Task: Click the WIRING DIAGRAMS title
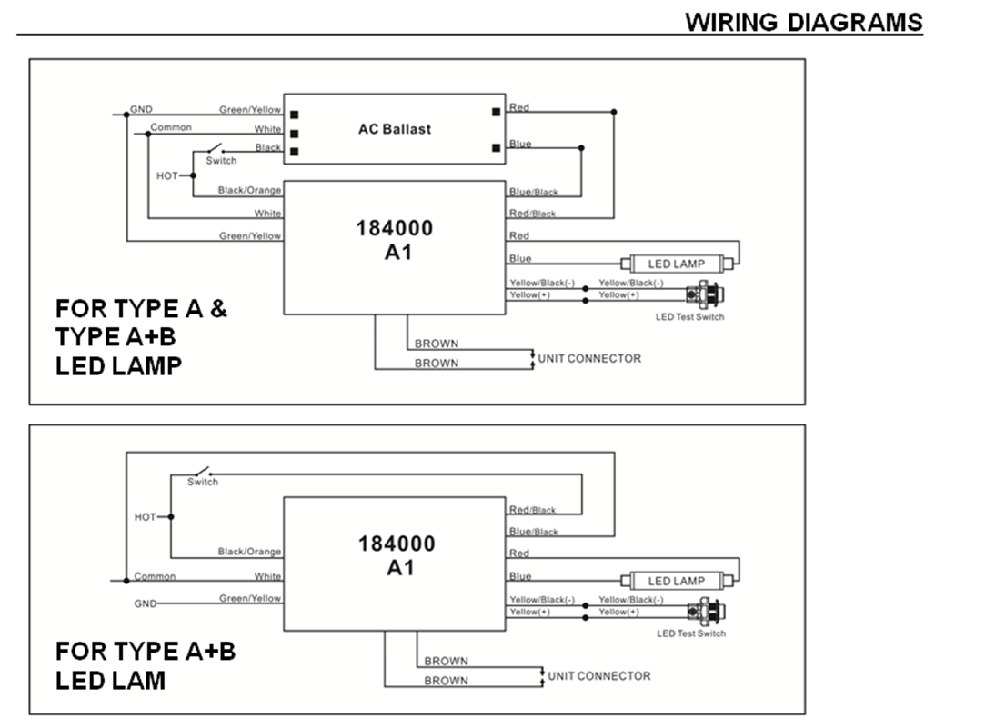803,22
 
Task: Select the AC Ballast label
395,129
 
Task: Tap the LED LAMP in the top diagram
677,264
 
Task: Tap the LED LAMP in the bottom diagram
677,581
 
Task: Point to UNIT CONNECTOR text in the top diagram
589,358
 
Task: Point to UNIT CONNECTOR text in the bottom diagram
599,676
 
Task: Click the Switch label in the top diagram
221,161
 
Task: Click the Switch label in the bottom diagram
203,482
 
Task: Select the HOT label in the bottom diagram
146,517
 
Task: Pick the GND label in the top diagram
141,109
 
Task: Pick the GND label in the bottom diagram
146,603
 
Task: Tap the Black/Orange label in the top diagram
249,190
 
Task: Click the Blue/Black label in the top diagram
534,192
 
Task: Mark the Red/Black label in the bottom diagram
533,510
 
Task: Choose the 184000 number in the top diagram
395,228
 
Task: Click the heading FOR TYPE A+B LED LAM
146,664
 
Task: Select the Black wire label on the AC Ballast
268,147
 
